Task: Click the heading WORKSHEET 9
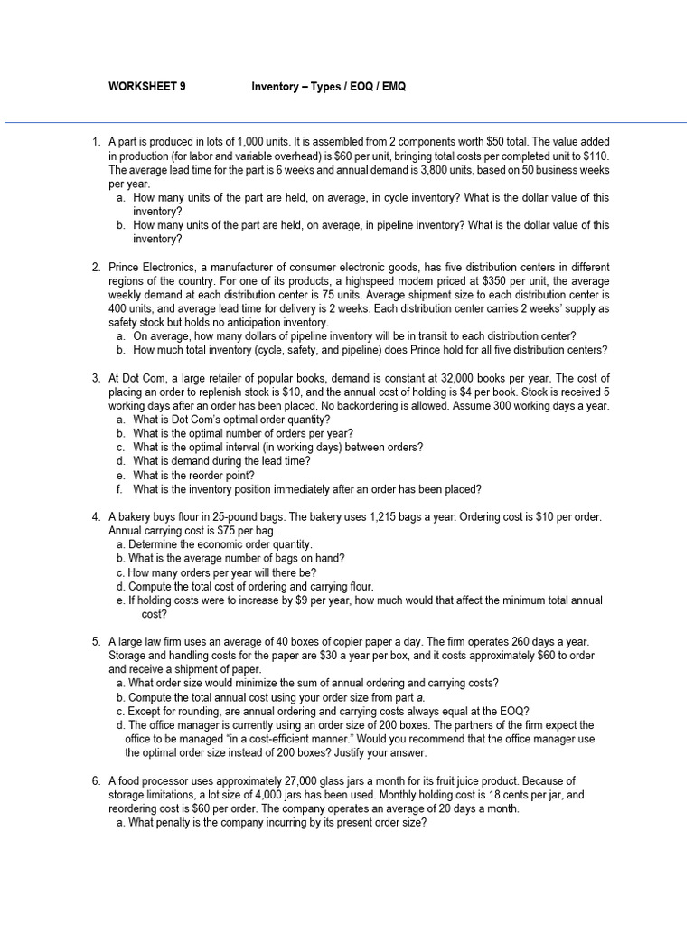pos(146,87)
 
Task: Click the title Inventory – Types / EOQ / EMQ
pos(334,87)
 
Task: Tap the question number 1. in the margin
pos(96,143)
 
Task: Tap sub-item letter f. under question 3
pos(119,489)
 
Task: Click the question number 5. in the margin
pos(96,642)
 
